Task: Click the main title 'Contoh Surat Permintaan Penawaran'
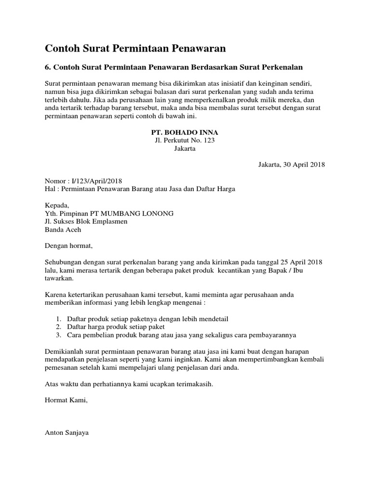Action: coord(135,48)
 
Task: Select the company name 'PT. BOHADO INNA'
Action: coord(185,132)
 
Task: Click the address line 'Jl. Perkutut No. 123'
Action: coord(185,140)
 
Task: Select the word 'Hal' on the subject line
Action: coord(50,189)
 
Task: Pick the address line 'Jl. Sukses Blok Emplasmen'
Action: coord(86,221)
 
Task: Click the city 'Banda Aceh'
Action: coord(63,230)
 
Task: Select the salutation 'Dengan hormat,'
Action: coord(68,246)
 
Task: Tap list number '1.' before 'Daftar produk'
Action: coord(58,319)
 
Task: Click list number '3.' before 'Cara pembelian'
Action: coord(58,335)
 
